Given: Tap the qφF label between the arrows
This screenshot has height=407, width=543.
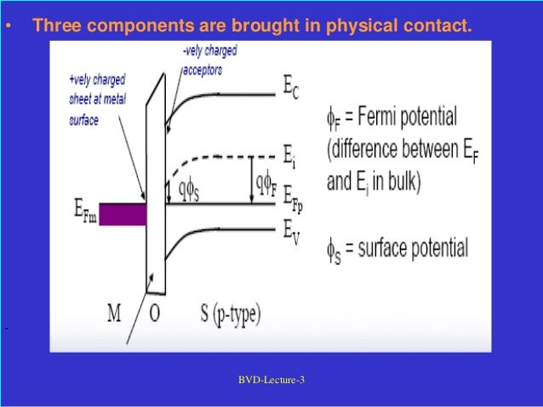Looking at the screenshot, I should click(265, 180).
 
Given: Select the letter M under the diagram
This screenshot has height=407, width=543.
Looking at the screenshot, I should click(114, 313).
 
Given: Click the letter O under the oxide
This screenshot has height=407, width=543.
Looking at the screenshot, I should click(154, 313).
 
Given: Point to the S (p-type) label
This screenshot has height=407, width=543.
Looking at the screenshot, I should click(220, 314).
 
